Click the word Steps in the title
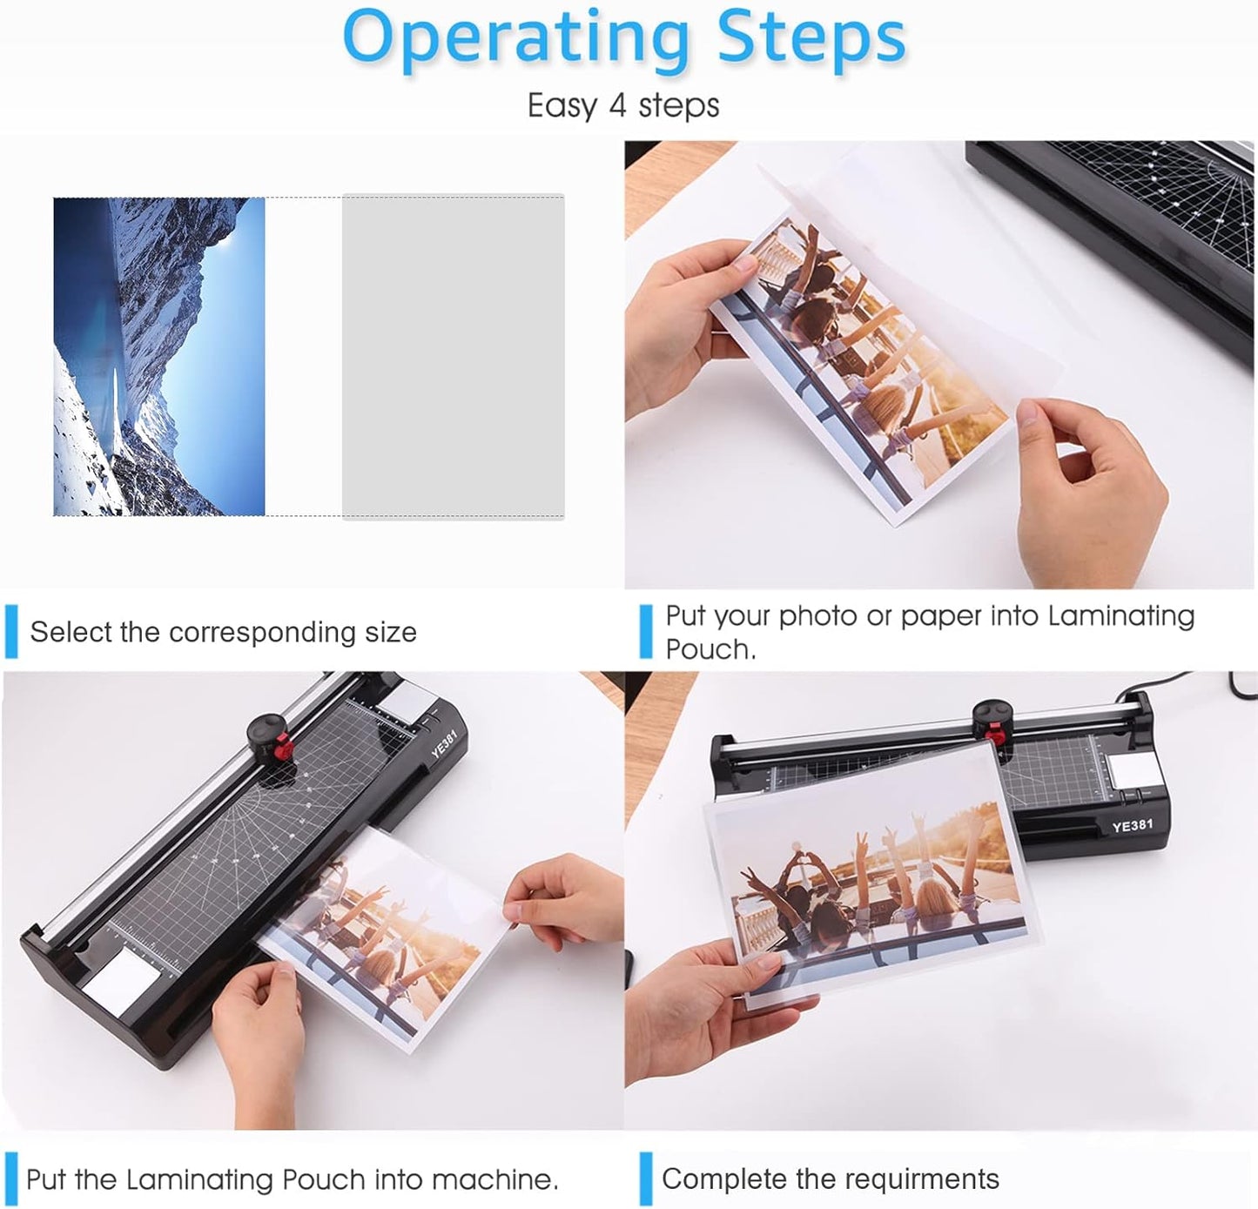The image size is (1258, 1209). pos(811,39)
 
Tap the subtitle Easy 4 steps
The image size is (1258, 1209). pos(623,106)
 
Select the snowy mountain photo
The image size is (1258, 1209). pos(159,356)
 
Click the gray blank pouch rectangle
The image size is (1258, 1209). pos(453,356)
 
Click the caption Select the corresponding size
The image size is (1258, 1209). pos(223,632)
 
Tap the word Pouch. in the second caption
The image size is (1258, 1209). pos(710,649)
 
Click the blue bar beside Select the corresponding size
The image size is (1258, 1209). pos(11,632)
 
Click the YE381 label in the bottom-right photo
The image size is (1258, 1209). pos(1132,825)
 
